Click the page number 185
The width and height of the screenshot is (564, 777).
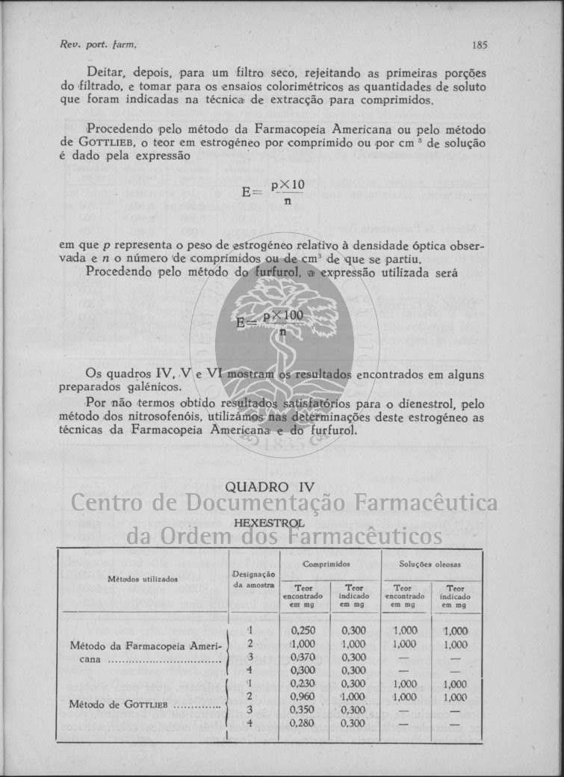480,45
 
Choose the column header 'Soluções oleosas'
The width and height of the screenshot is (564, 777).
431,564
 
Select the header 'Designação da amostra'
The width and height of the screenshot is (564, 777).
254,579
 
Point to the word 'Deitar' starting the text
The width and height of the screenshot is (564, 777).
105,73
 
